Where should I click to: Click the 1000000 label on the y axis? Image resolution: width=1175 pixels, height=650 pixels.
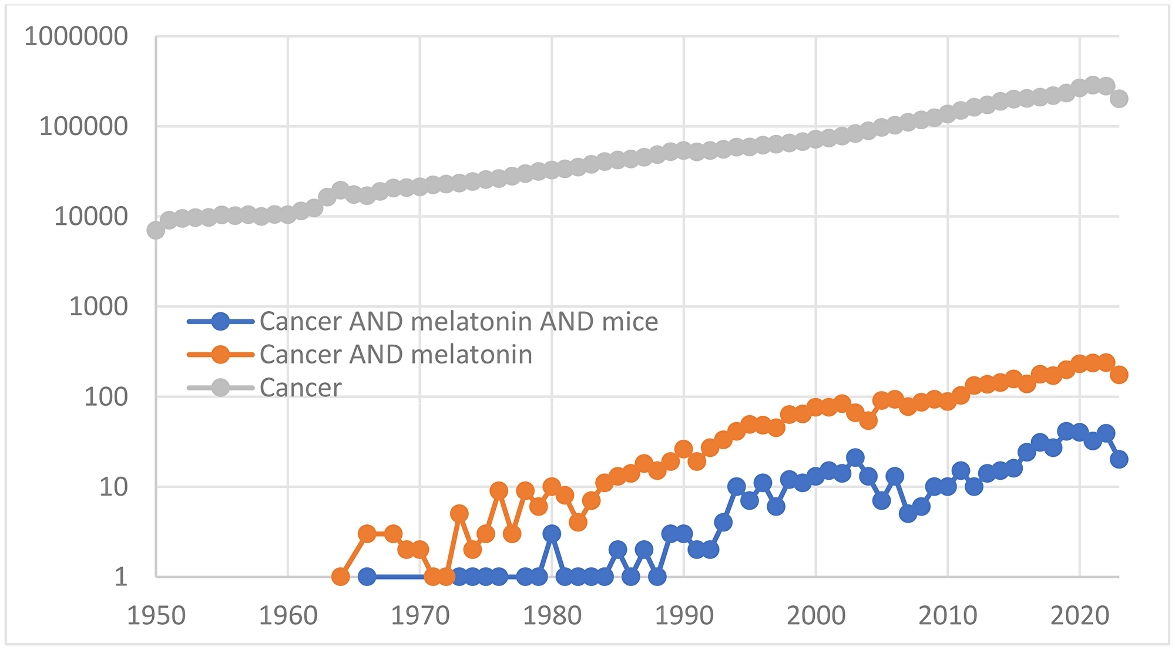tap(75, 37)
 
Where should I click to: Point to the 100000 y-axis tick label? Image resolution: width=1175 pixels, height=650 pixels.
tap(83, 127)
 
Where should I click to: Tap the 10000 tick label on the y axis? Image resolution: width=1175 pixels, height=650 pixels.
tap(90, 217)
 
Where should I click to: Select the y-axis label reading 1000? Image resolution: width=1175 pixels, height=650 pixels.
tap(98, 307)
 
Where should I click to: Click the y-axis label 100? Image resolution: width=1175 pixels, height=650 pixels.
tap(106, 398)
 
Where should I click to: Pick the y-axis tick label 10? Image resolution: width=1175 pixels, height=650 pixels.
tap(113, 487)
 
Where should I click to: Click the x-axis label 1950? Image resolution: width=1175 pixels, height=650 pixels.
tap(156, 616)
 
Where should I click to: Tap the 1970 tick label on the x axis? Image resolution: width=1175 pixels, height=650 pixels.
tap(420, 616)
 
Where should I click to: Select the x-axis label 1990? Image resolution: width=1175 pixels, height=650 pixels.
tap(684, 616)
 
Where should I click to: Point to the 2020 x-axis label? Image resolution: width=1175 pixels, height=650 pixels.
tap(1079, 616)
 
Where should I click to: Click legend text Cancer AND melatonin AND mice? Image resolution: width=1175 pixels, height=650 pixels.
tap(458, 322)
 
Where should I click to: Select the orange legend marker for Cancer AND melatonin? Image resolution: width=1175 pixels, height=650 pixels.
tap(220, 355)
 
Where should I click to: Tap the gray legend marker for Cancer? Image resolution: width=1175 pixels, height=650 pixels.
tap(220, 388)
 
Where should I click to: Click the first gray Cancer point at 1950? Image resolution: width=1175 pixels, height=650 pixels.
tap(156, 230)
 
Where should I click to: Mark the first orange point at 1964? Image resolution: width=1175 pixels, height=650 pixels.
tap(341, 577)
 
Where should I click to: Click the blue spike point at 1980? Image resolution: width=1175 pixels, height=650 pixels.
tap(552, 534)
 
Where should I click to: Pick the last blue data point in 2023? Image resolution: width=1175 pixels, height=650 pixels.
tap(1119, 459)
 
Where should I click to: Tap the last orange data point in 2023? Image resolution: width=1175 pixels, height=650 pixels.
tap(1119, 375)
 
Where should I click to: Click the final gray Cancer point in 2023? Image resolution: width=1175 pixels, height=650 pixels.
tap(1119, 99)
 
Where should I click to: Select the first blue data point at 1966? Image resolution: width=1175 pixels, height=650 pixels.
tap(367, 577)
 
